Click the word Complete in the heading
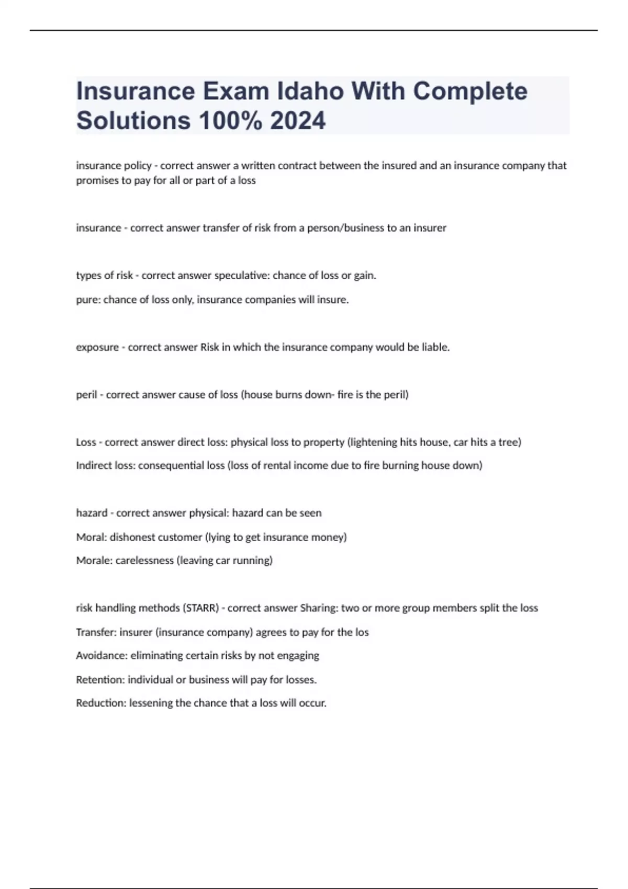click(470, 91)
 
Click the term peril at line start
click(86, 395)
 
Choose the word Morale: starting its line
click(94, 561)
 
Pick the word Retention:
click(100, 680)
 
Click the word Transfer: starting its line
click(96, 632)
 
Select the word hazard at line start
click(92, 513)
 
